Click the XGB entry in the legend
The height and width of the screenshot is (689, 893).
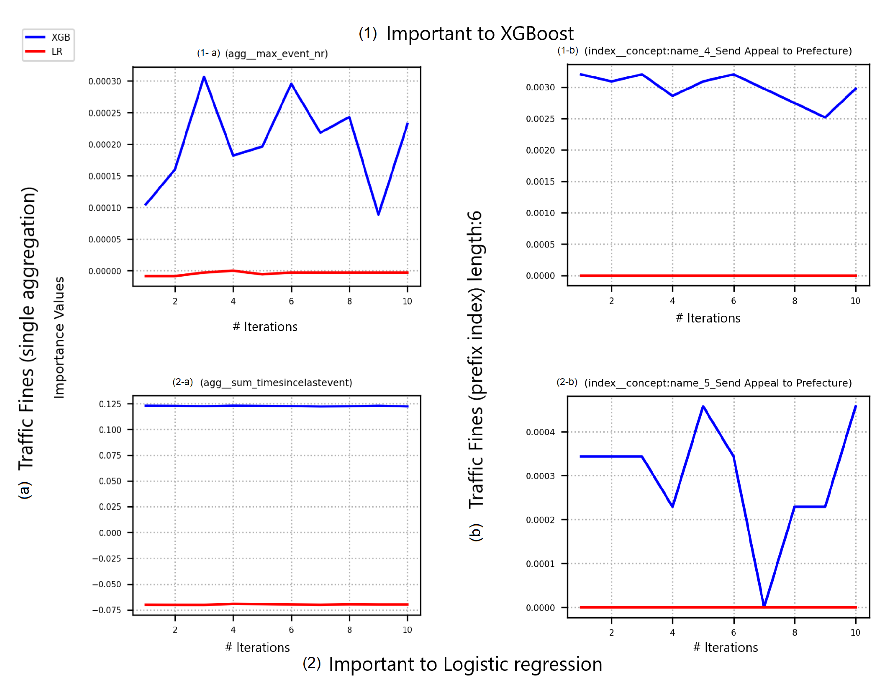60,37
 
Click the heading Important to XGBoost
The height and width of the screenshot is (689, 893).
480,34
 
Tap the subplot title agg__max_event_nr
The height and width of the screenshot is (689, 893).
276,54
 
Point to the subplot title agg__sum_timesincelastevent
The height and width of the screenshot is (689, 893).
276,383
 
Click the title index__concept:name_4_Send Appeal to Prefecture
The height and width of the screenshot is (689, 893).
718,51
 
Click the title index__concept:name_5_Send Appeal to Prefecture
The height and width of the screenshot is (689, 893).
718,383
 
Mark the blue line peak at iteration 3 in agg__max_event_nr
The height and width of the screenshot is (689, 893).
204,77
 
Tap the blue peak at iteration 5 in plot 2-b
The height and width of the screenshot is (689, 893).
703,407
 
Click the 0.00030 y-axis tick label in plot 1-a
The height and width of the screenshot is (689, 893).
105,81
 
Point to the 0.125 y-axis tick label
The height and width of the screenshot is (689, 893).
110,404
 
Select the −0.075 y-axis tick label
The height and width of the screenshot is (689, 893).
107,610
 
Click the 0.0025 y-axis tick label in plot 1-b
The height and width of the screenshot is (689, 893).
540,119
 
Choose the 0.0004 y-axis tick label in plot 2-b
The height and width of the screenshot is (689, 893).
540,432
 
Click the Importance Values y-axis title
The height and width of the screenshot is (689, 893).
59,338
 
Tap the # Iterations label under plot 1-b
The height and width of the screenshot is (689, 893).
708,318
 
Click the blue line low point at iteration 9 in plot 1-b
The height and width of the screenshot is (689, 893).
825,117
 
